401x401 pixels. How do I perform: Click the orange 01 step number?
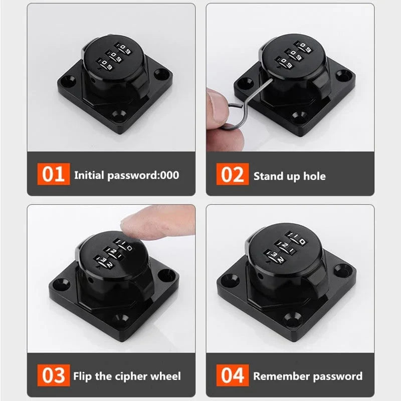[53, 175]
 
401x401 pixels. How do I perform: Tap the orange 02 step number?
[232, 175]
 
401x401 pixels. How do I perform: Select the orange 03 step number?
[53, 375]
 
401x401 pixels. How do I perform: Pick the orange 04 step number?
[232, 375]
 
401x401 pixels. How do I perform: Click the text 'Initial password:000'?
[126, 175]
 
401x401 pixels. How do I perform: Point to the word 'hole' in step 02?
[314, 176]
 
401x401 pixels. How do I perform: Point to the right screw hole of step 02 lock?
[342, 75]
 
